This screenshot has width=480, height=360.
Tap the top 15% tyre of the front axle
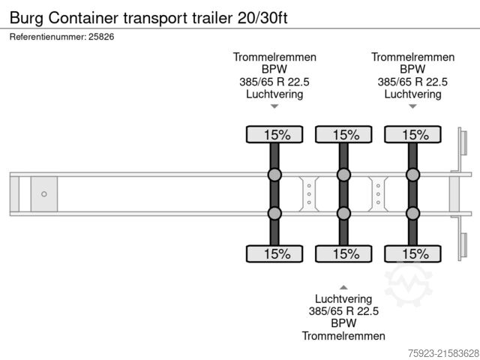pyautogui.click(x=275, y=135)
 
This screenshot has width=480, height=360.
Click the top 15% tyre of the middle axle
pyautogui.click(x=344, y=135)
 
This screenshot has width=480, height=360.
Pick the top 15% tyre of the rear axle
pyautogui.click(x=413, y=135)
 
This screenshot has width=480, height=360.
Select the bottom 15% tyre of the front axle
pyautogui.click(x=275, y=253)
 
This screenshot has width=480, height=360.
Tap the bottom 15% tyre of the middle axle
pyautogui.click(x=344, y=253)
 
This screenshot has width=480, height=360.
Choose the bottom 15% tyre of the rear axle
pyautogui.click(x=413, y=253)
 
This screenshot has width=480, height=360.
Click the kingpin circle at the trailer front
pyautogui.click(x=44, y=194)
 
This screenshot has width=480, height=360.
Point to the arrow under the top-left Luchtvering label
pyautogui.click(x=274, y=106)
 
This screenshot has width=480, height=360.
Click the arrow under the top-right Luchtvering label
pyautogui.click(x=412, y=106)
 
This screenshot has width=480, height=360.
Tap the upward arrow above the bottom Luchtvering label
pyautogui.click(x=343, y=286)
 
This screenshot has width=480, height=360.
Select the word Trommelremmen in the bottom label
pyautogui.click(x=343, y=336)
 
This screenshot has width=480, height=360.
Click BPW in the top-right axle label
pyautogui.click(x=412, y=69)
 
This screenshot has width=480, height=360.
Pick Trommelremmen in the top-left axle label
pyautogui.click(x=274, y=57)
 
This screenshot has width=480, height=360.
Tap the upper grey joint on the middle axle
pyautogui.click(x=343, y=175)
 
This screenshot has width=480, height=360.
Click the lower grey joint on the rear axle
pyautogui.click(x=412, y=213)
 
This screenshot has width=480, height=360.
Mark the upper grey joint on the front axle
pyautogui.click(x=274, y=175)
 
